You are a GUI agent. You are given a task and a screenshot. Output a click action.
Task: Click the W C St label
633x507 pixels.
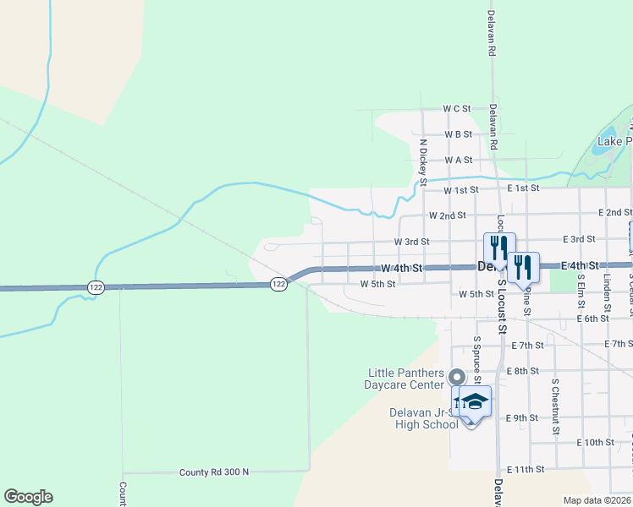pos(456,109)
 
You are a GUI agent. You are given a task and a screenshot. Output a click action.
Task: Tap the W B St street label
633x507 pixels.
pos(457,134)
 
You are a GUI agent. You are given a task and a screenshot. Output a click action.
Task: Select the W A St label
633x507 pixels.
pos(458,160)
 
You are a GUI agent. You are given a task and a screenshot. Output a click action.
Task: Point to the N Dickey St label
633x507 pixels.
pos(424,161)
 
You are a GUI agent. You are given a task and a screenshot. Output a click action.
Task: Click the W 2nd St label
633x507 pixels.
pos(448,215)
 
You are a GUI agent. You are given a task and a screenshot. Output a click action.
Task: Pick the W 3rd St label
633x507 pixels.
pos(412,242)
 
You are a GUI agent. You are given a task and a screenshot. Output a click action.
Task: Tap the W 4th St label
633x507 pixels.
pos(400,268)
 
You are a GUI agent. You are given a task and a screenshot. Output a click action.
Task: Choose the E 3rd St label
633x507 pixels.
pos(578,240)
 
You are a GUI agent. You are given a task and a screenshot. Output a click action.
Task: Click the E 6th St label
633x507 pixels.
pos(592,319)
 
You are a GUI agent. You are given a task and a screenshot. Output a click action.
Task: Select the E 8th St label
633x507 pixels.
pos(522,371)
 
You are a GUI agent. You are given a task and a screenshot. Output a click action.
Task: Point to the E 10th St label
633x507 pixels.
pos(596,443)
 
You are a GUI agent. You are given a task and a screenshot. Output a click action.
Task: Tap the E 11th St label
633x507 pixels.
pos(526,469)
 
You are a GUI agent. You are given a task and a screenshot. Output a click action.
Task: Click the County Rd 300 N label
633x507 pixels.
pos(214,472)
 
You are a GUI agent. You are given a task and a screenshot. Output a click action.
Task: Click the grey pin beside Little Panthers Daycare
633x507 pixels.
pos(457,378)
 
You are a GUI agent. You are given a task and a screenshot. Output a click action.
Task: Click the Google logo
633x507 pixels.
pos(28,497)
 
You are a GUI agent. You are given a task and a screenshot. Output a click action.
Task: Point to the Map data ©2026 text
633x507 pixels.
pos(596,500)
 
